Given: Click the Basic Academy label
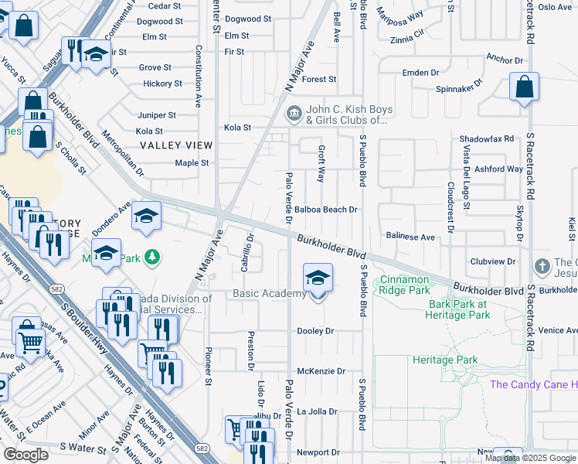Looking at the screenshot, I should click(x=270, y=294).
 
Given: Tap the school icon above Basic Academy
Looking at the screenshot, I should click(x=318, y=278).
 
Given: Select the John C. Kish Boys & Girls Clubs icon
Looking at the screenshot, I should click(x=294, y=115).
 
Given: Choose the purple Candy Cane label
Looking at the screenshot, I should click(x=533, y=384).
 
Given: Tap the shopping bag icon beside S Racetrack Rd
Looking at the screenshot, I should click(x=524, y=88).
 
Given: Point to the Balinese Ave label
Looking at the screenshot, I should click(x=411, y=237).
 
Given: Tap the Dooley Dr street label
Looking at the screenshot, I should click(x=315, y=331).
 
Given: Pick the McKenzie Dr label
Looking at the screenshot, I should click(x=321, y=371).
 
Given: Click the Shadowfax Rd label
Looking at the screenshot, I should click(x=486, y=138).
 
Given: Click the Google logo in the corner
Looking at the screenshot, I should click(x=25, y=455).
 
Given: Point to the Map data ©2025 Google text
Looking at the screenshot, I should click(x=531, y=458).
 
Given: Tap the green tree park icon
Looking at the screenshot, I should click(x=154, y=256).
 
